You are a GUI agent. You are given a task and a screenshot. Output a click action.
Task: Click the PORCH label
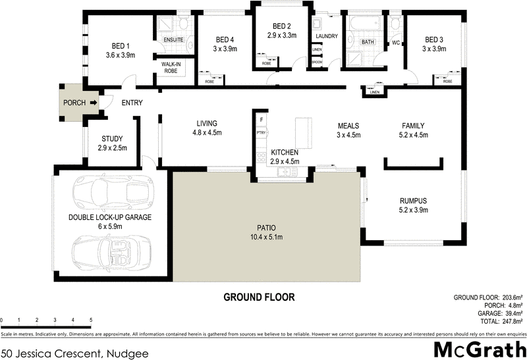[74, 103]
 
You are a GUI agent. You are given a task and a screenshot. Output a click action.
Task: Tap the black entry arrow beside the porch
[94, 103]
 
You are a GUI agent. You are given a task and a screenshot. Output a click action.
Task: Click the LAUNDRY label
[326, 36]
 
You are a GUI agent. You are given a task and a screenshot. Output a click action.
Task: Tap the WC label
[397, 43]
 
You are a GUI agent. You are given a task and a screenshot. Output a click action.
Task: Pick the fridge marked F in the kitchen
[262, 120]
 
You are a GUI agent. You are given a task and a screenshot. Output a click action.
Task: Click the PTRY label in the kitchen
[261, 133]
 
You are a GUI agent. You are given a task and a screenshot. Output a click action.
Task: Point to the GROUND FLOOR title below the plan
[258, 297]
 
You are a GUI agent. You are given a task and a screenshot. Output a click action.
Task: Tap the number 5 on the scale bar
[90, 321]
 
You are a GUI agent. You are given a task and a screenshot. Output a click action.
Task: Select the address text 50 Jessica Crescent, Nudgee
[74, 353]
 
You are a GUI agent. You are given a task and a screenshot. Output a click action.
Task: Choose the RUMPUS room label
[414, 201]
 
